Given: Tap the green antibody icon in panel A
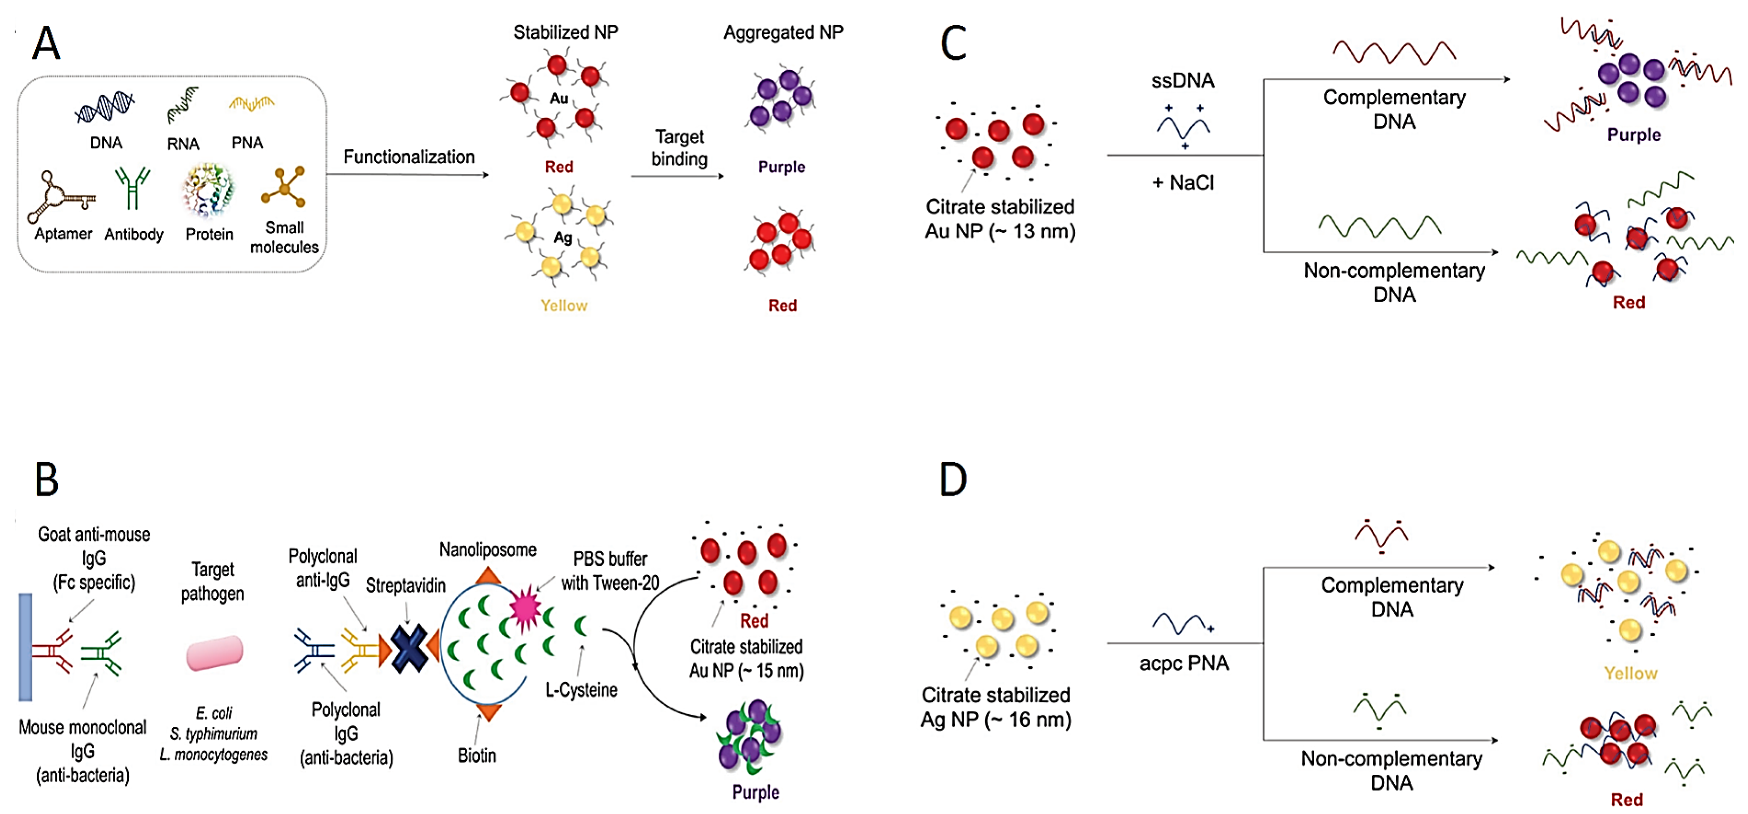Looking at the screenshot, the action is pos(132,188).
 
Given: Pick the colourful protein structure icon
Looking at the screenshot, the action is pos(208,190).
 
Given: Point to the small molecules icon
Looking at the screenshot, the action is pos(283,186).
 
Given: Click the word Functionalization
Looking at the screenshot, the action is pos(409,157).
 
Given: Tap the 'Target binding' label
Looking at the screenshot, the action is pos(679,147).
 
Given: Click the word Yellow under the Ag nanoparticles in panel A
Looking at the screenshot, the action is pos(564,305).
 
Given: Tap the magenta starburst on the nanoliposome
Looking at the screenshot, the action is pos(524,608).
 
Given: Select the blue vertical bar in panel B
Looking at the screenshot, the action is pos(25,647).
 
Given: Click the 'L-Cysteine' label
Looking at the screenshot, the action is pos(582,690).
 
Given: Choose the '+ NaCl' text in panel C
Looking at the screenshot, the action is pos(1183,183).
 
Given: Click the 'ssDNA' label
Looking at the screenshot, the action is pos(1183,81).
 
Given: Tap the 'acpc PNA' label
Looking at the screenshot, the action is pos(1184,663).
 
